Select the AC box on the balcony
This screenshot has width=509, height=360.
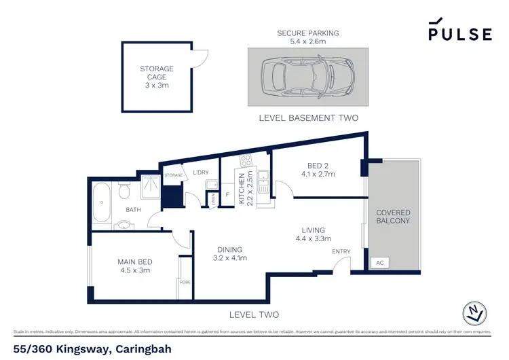point(379,262)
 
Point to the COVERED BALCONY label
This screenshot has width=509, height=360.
point(394,217)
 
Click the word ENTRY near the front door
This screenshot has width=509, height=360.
point(341,252)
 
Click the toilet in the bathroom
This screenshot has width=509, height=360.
point(123,194)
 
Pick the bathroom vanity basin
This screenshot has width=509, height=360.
point(124,225)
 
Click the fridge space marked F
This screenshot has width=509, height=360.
point(227,194)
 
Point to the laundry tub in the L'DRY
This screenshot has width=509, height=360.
point(212,184)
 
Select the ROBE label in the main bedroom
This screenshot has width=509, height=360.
point(184,281)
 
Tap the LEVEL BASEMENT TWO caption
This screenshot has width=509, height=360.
point(309,118)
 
